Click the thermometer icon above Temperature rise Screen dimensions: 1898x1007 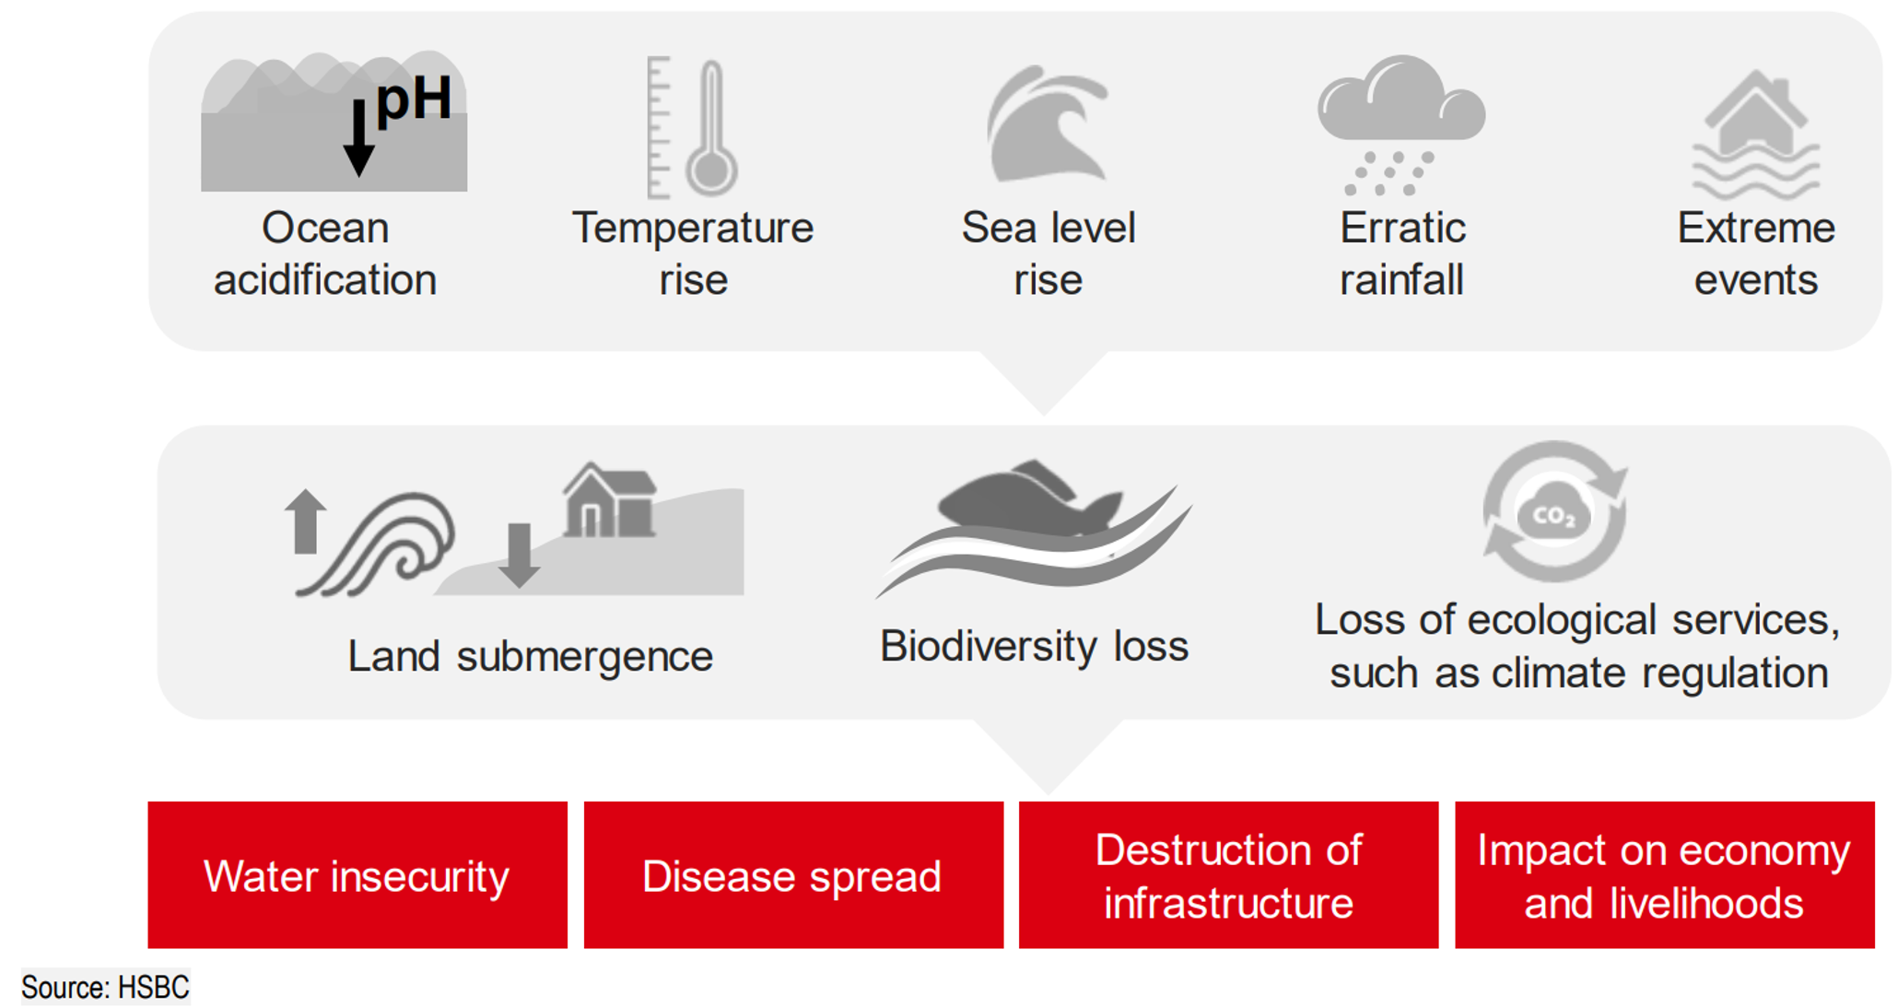tap(693, 127)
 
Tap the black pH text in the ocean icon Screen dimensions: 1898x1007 tap(414, 100)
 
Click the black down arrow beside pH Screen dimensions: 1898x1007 tap(358, 138)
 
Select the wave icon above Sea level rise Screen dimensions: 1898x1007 tap(1048, 123)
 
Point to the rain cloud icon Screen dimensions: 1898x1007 tap(1401, 124)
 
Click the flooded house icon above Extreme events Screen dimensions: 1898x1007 tap(1756, 135)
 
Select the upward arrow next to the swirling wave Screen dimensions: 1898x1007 tap(305, 521)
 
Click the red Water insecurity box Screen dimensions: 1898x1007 tap(357, 874)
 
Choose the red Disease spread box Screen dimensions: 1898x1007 tap(793, 874)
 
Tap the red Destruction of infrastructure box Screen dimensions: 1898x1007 tap(1228, 874)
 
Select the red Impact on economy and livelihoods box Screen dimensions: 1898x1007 tap(1664, 874)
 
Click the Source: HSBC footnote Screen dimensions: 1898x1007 tap(105, 988)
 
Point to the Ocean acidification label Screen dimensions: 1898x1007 tap(325, 253)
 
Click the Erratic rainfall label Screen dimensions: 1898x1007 tap(1402, 253)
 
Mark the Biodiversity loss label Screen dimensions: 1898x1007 tap(1034, 646)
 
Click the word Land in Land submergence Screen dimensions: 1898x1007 tap(393, 657)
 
